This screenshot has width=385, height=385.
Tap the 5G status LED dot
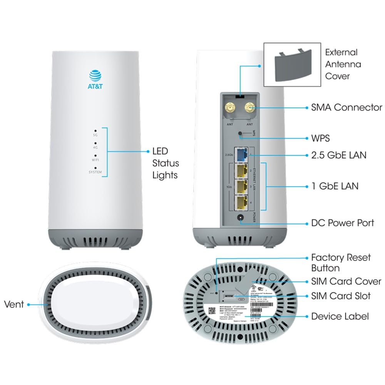[x=95, y=130]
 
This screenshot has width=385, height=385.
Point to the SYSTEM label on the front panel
[x=95, y=172]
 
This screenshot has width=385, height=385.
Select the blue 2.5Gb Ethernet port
[x=242, y=155]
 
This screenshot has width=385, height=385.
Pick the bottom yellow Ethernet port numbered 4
[x=242, y=203]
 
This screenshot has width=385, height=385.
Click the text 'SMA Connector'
[x=346, y=107]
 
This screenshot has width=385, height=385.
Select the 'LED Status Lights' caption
[x=166, y=163]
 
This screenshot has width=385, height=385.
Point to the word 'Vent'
[x=14, y=304]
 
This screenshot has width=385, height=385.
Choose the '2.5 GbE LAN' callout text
[x=339, y=155]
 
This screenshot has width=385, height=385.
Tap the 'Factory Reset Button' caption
[x=341, y=263]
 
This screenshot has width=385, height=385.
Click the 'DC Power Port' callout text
[x=342, y=223]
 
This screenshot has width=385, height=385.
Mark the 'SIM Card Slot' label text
[x=341, y=296]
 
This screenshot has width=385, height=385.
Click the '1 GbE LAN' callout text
[x=335, y=186]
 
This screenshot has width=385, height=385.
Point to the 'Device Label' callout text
[x=340, y=316]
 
